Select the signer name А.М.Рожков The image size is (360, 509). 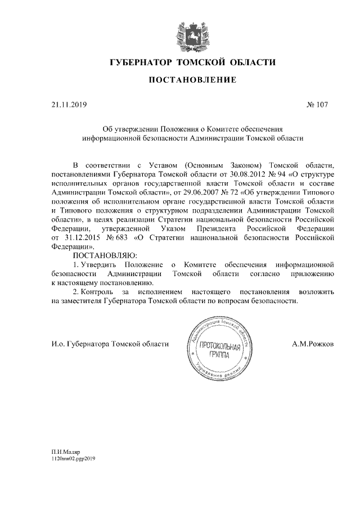coord(313,344)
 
